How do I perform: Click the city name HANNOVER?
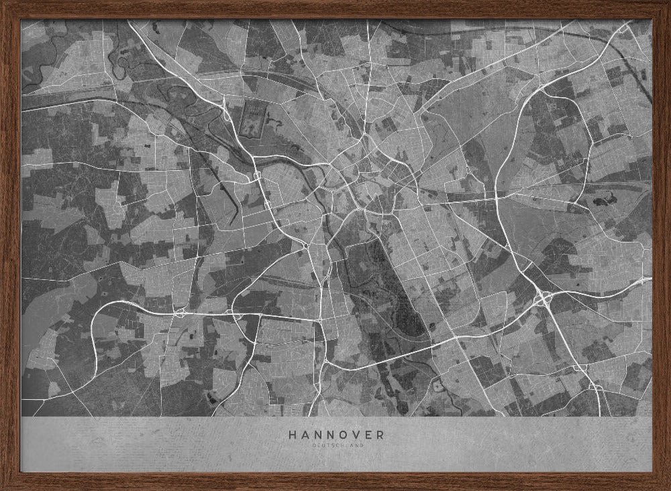[x=336, y=434]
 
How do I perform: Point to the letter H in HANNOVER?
[x=292, y=434]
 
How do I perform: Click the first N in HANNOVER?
[x=318, y=434]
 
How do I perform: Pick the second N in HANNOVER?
[x=331, y=434]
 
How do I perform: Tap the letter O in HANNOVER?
[x=344, y=434]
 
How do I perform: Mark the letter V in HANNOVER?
[x=357, y=434]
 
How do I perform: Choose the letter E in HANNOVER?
[x=369, y=434]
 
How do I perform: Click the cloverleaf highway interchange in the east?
[x=543, y=298]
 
